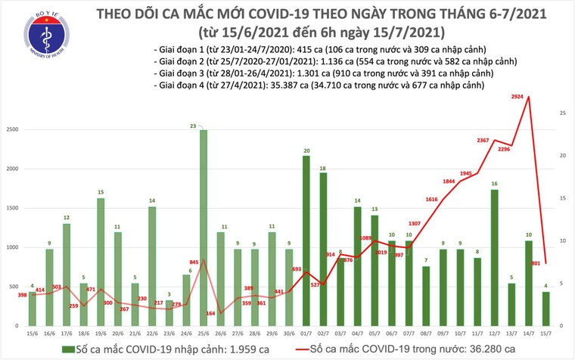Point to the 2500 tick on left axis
pyautogui.click(x=14, y=130)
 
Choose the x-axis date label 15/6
pyautogui.click(x=33, y=334)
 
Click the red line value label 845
pyautogui.click(x=194, y=262)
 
